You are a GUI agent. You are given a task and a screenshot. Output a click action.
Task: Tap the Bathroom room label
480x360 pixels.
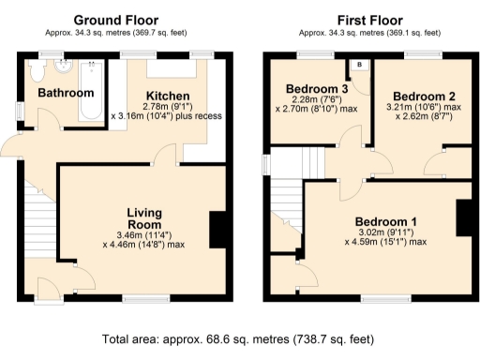pyautogui.click(x=66, y=93)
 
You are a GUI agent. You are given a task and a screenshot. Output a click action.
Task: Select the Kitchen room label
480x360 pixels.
pyautogui.click(x=169, y=96)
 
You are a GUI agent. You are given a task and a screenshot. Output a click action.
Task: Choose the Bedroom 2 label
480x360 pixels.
pyautogui.click(x=424, y=97)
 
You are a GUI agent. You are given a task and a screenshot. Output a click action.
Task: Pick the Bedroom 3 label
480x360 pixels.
pyautogui.click(x=317, y=90)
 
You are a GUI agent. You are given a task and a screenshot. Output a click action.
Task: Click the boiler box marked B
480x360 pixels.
pyautogui.click(x=360, y=66)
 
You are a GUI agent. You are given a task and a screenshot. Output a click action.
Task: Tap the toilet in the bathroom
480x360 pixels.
pyautogui.click(x=37, y=71)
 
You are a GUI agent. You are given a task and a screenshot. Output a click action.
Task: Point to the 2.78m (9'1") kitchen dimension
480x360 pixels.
pyautogui.click(x=168, y=107)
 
